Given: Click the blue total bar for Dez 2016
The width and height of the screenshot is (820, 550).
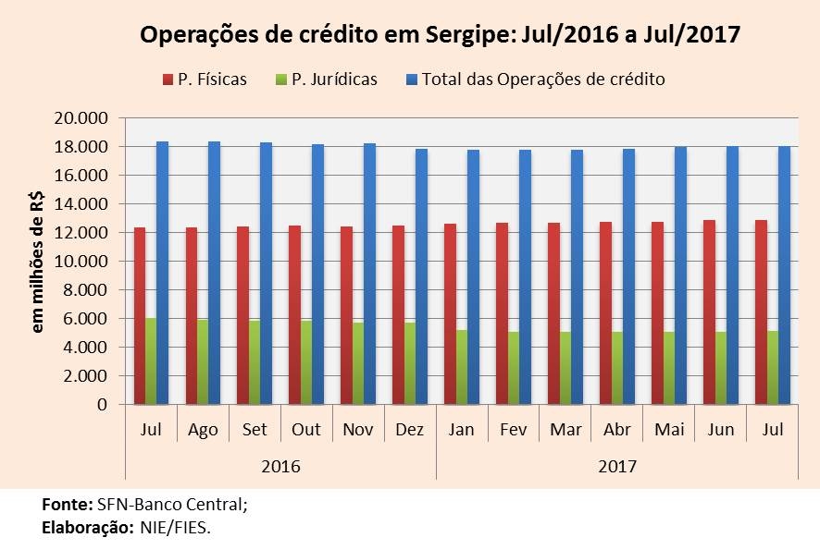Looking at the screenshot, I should [421, 276].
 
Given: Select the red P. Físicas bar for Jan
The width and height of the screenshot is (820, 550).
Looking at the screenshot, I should [450, 313].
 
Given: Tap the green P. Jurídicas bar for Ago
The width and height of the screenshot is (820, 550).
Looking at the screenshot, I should [203, 361].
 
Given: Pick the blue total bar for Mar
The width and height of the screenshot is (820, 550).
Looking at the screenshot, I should [577, 276].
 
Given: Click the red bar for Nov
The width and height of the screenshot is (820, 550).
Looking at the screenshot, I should [346, 315].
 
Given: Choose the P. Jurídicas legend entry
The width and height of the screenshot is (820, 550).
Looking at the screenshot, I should [333, 79].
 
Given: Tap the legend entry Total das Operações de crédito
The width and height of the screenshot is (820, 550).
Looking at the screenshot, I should [543, 79].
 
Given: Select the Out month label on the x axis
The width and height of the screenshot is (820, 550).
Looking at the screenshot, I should [306, 430].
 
